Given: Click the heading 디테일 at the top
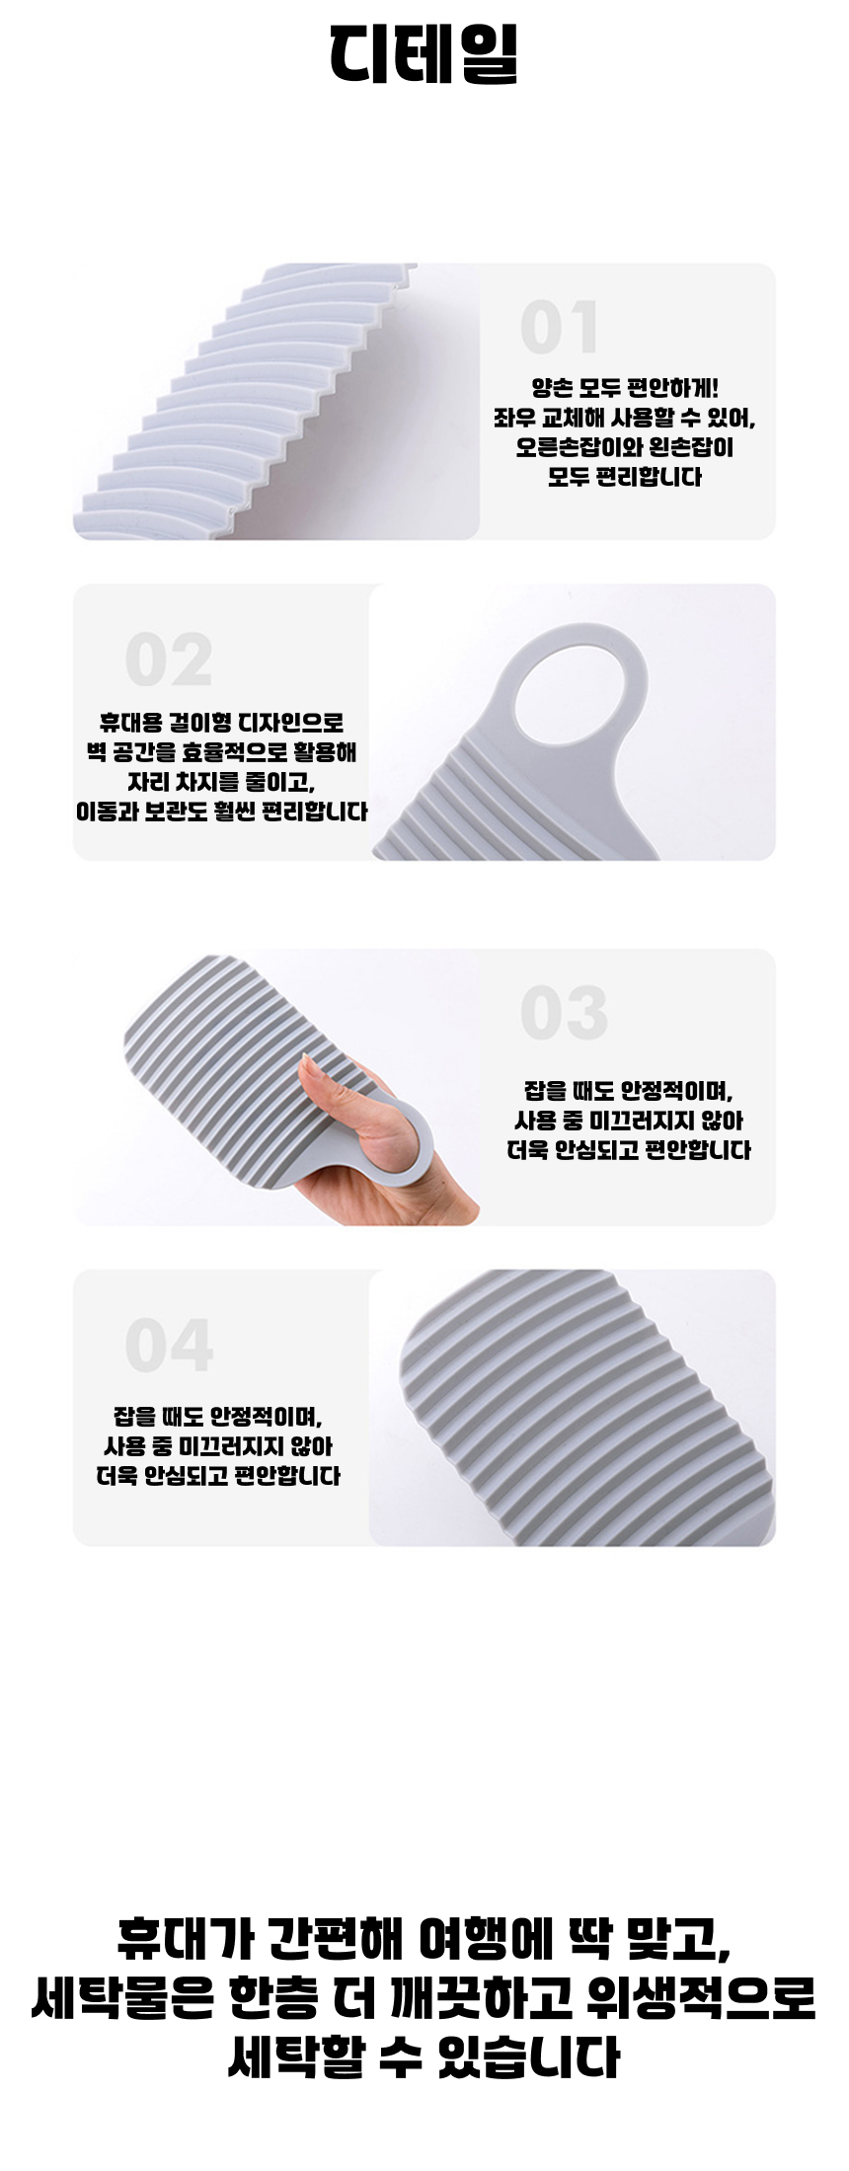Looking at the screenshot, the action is point(424,53).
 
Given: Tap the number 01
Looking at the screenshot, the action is point(560,328).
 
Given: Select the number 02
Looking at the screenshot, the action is point(169,660).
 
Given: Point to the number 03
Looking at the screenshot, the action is point(564,1013).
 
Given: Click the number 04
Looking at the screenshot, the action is point(169,1346).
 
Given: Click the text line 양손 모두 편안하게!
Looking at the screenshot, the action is point(625,388).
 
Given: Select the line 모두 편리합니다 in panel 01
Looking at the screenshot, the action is point(625,477).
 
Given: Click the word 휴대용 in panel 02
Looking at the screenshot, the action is point(125,723).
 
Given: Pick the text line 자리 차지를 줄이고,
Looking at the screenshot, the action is point(221,782).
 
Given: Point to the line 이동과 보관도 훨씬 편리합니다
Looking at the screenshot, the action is point(221,812).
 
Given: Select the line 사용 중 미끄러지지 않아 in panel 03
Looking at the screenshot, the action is point(629,1121).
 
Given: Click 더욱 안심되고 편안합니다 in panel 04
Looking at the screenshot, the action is point(218,1476).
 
